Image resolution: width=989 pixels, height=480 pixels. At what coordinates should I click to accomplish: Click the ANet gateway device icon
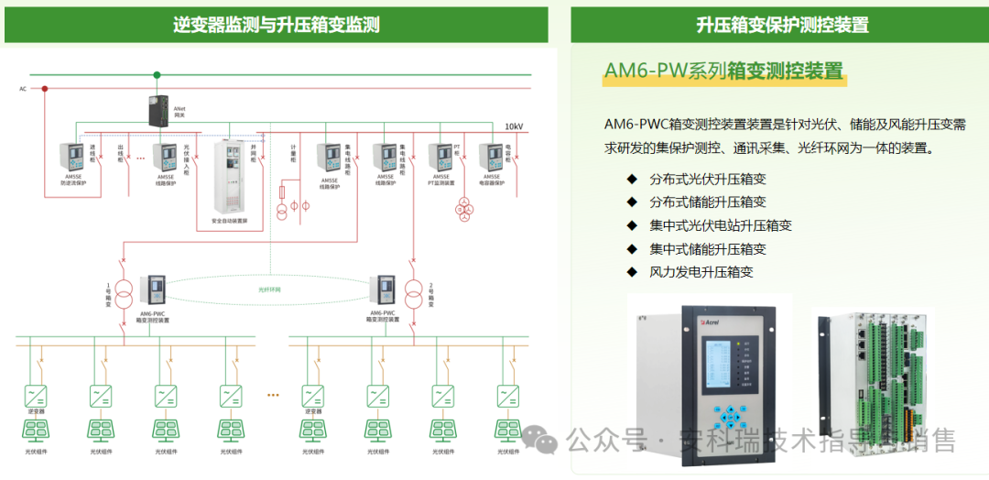pos(156,111)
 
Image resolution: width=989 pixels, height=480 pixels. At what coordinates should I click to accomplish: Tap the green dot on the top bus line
pos(157,75)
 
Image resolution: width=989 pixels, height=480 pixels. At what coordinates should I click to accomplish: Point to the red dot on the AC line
pos(44,89)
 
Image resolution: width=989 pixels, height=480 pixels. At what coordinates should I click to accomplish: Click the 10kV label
pos(514,126)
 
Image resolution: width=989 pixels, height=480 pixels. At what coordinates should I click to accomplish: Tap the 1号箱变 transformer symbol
pos(125,292)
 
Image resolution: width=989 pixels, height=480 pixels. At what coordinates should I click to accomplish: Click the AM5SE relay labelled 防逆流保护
pos(72,157)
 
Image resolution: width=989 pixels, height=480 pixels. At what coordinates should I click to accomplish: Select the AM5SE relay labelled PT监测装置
pos(441,158)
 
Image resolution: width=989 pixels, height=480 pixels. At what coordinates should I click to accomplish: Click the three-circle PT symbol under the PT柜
pos(464,208)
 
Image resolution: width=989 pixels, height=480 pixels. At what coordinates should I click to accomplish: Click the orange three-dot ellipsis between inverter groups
pos(272,395)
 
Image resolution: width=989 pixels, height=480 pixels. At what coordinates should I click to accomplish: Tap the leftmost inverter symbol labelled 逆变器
pos(37,396)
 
